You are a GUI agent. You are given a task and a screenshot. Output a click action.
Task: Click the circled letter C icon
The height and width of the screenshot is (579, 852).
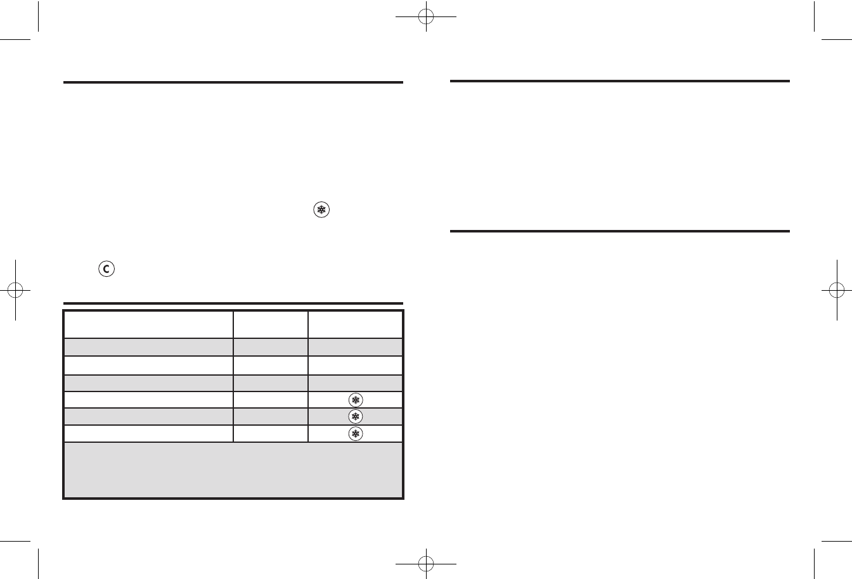(x=105, y=269)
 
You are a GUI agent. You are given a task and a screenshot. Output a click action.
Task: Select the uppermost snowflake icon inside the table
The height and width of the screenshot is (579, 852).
(x=355, y=400)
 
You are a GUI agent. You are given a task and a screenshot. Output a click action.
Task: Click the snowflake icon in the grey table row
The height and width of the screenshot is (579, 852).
(x=355, y=416)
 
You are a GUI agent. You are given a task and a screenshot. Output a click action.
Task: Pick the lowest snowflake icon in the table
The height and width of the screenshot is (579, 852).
(x=355, y=433)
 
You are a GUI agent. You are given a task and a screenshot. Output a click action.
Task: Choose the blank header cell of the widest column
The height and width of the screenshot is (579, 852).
(x=148, y=324)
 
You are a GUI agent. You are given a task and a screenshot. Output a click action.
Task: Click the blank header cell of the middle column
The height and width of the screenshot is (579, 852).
(x=271, y=324)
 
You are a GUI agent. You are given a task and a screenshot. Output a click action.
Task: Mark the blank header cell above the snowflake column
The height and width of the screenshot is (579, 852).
(x=355, y=324)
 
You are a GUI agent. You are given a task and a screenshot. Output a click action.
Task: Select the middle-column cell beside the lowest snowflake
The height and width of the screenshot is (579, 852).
(x=271, y=433)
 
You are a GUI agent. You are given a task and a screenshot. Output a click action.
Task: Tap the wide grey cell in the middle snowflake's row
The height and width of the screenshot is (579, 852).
(x=148, y=416)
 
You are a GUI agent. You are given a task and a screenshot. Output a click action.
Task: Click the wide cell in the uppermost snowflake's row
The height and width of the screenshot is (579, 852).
(x=148, y=400)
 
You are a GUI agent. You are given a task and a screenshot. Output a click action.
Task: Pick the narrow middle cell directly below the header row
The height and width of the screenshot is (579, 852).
(x=271, y=347)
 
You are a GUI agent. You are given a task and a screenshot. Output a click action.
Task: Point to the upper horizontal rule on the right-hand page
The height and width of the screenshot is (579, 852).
(x=619, y=81)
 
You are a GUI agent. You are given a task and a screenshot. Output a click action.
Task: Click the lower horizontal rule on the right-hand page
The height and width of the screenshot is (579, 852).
(x=619, y=231)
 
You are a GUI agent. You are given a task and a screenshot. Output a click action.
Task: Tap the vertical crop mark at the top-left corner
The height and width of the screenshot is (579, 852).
(x=39, y=19)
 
